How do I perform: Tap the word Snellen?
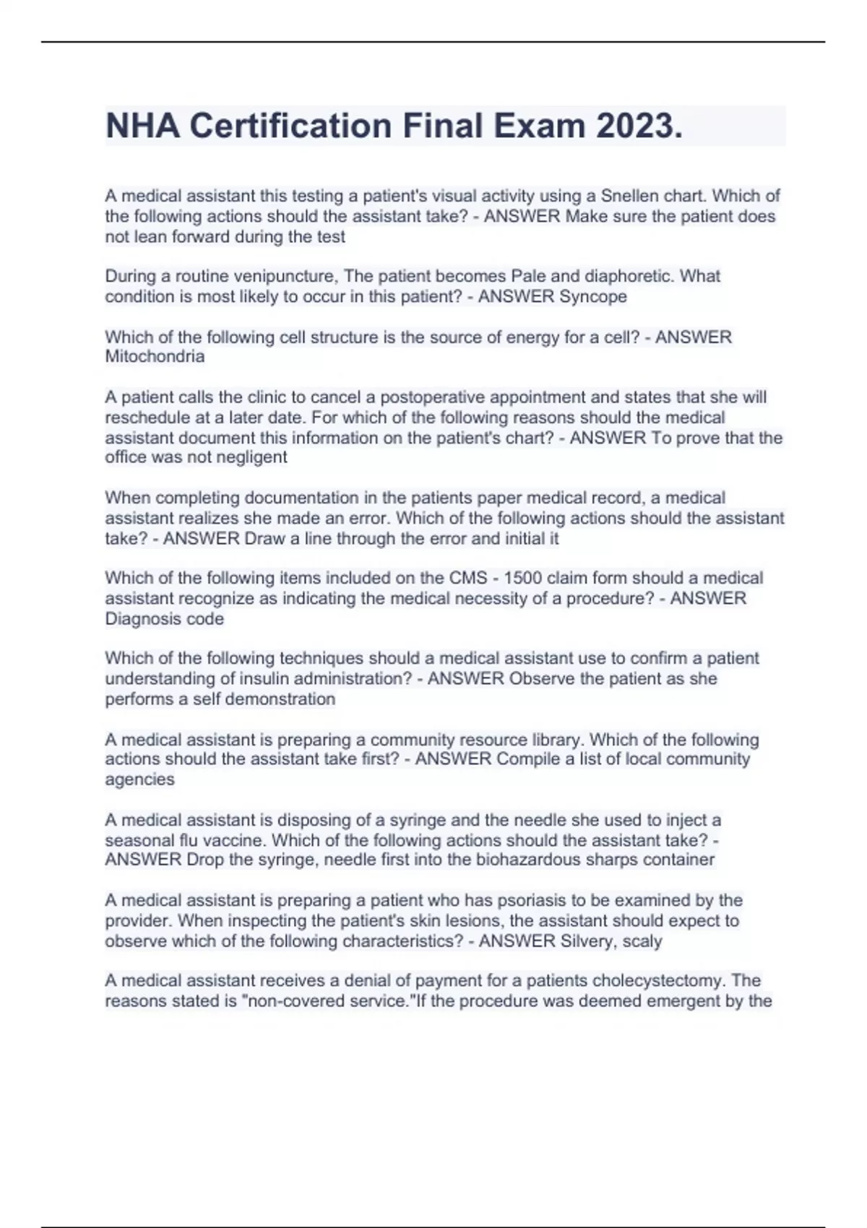(x=629, y=196)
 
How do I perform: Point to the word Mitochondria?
(x=155, y=357)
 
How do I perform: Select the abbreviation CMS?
(x=468, y=578)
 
